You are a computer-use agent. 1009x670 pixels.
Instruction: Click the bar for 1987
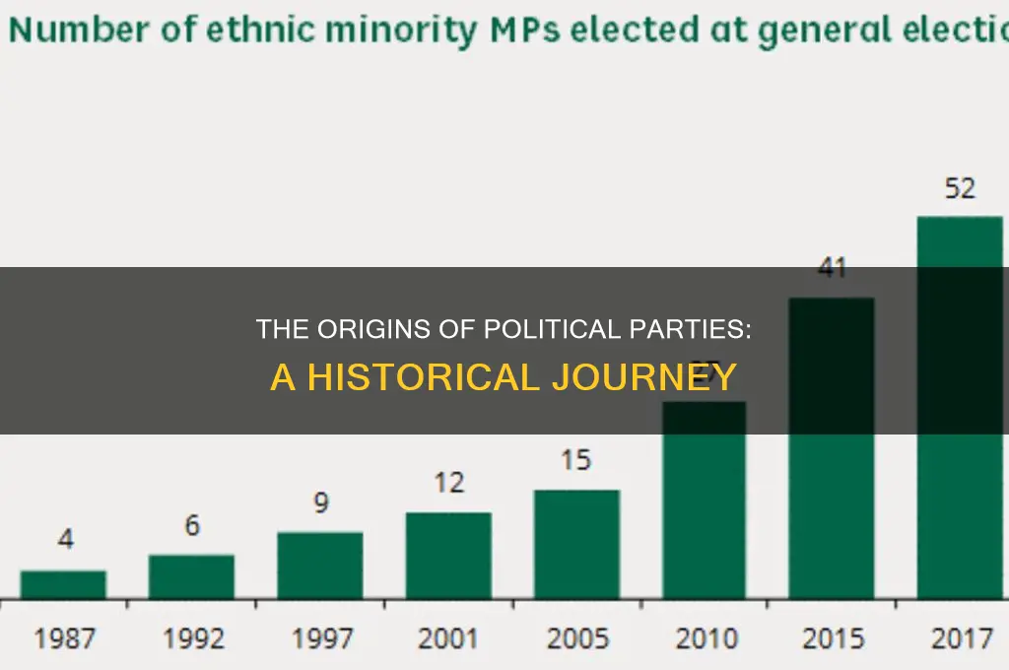click(x=63, y=584)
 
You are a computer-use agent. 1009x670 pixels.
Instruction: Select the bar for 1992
click(x=191, y=576)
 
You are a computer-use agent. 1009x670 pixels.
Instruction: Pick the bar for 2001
click(x=448, y=555)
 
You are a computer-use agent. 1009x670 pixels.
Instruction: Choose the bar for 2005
click(x=576, y=544)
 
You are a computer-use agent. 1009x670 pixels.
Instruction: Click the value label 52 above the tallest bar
click(x=960, y=189)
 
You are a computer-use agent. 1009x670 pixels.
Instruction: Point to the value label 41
click(x=833, y=268)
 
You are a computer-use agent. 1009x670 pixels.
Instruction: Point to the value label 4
click(x=63, y=540)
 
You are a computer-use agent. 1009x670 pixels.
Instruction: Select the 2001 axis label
click(x=448, y=637)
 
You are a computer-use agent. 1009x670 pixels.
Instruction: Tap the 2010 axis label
click(x=705, y=637)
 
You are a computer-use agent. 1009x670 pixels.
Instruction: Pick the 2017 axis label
click(x=960, y=637)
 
